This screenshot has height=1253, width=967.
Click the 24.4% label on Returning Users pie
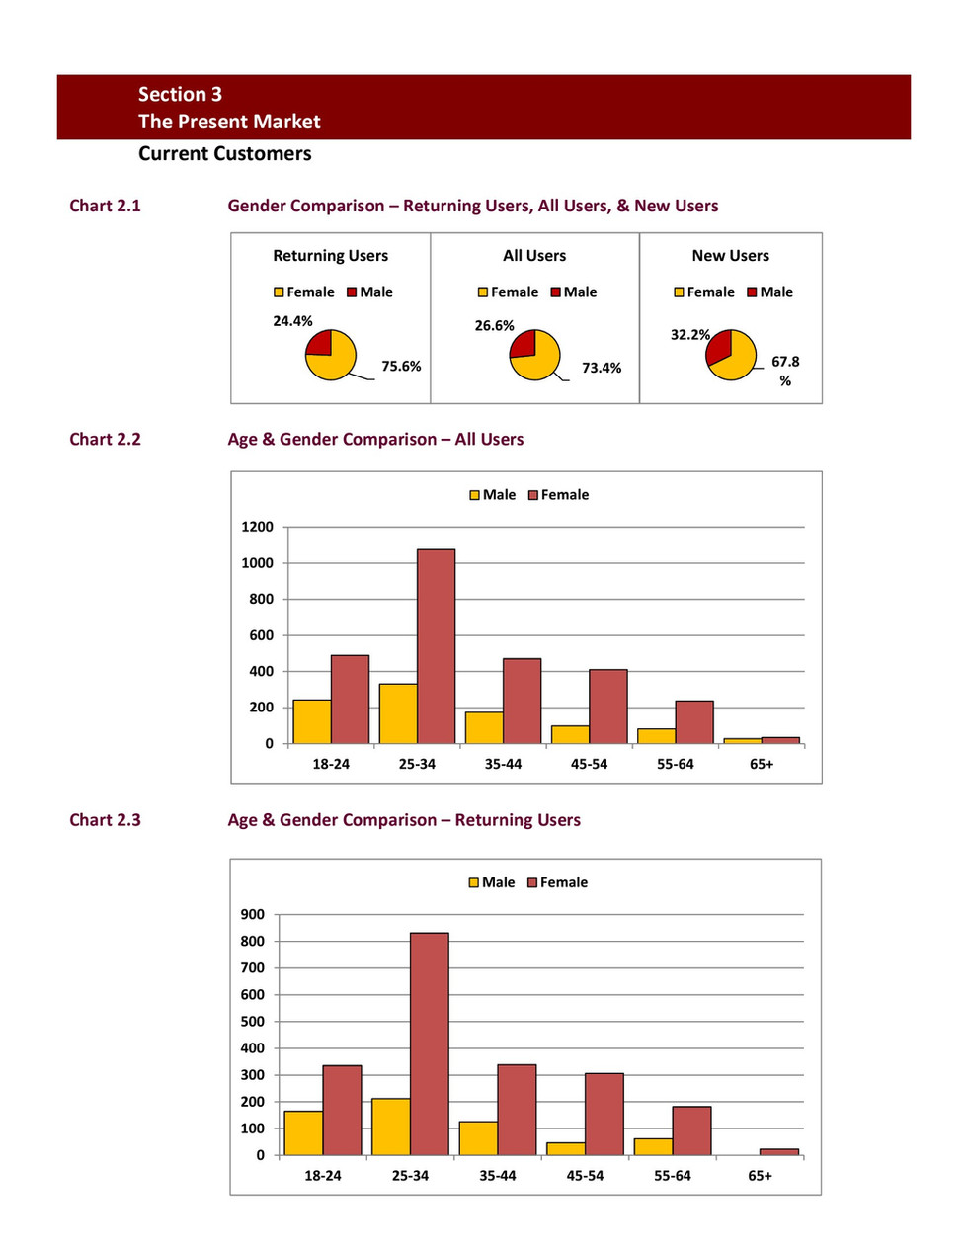(292, 321)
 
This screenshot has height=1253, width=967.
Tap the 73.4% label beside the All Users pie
(602, 368)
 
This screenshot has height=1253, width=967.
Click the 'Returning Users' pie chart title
(330, 256)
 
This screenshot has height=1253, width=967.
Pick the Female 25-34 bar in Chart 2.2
(436, 646)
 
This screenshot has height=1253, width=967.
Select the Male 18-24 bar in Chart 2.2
(312, 721)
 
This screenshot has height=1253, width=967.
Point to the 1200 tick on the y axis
(257, 527)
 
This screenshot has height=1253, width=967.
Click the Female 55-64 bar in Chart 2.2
(693, 722)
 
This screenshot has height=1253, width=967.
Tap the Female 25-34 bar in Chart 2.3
(430, 1044)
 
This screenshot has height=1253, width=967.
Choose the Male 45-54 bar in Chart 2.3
(565, 1148)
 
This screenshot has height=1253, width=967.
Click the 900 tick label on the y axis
(253, 914)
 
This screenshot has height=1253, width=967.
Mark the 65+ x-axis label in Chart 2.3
(760, 1176)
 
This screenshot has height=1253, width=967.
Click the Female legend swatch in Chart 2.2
(533, 495)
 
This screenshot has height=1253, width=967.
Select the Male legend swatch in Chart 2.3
(474, 882)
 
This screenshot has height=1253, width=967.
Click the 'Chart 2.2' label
(105, 440)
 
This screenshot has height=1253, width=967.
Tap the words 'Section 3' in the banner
(180, 94)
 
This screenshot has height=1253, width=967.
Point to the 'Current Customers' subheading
(225, 154)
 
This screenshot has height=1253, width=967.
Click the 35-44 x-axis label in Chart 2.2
(503, 764)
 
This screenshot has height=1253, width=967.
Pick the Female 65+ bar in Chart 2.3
(778, 1152)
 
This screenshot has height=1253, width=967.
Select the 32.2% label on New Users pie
(689, 335)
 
